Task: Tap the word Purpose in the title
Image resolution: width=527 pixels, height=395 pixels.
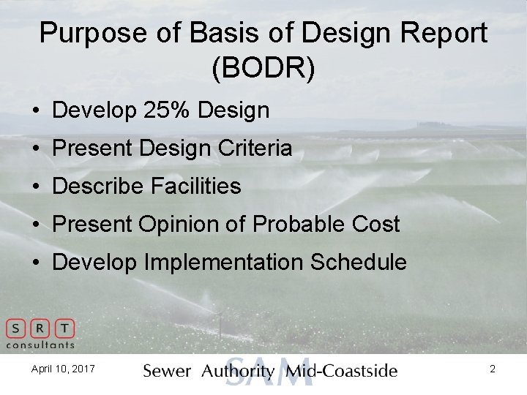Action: (87, 33)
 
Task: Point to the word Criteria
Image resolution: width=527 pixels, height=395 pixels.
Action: (256, 148)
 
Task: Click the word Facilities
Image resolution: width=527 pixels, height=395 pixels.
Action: (196, 186)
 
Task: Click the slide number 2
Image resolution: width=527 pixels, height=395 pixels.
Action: (493, 369)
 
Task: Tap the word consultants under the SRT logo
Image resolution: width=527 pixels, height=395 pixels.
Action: (40, 345)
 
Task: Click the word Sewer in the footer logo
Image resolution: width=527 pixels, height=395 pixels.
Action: (167, 371)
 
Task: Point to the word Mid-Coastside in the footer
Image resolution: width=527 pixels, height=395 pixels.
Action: (342, 371)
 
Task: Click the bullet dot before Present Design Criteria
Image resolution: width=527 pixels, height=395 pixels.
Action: (35, 149)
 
